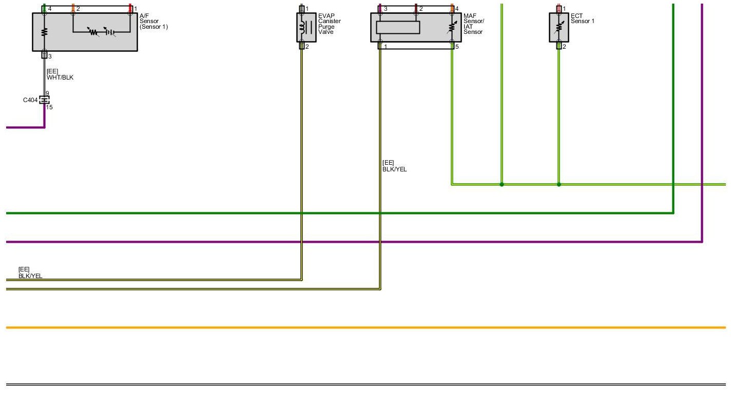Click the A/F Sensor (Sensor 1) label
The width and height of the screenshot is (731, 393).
tap(153, 22)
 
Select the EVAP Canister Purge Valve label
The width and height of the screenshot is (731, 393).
tap(329, 24)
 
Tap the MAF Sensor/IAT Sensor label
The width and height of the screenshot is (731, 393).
tap(473, 24)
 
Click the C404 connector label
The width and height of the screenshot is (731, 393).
tap(30, 100)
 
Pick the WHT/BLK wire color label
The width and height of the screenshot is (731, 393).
tap(60, 77)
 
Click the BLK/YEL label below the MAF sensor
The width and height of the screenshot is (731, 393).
tap(394, 169)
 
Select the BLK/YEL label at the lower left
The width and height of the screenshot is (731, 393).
tap(30, 276)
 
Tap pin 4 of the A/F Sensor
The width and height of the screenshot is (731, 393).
tap(49, 9)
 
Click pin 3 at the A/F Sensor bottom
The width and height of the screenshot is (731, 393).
tap(49, 56)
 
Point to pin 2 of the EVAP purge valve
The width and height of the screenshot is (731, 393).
tap(306, 47)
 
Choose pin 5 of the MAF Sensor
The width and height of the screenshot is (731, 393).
tap(456, 47)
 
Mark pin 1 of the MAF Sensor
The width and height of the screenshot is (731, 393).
tap(385, 47)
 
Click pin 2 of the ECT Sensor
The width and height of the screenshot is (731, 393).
tap(564, 47)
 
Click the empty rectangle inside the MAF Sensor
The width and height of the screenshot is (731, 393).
tap(398, 27)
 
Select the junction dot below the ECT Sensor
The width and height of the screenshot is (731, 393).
tap(559, 184)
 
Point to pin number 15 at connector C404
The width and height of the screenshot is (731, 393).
tap(49, 107)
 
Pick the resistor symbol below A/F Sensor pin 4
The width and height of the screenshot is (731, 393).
tap(44, 31)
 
